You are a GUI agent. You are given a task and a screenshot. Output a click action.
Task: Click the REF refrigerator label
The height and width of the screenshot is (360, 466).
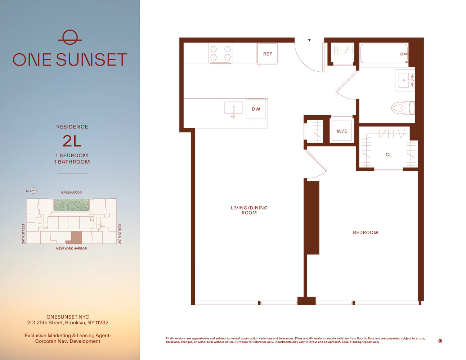(x=268, y=54)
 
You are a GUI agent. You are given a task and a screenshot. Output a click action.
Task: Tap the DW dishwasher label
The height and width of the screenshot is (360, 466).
(x=256, y=109)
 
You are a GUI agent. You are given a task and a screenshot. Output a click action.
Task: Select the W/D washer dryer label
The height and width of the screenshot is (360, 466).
(x=342, y=131)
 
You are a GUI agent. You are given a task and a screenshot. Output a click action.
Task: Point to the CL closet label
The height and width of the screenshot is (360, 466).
(x=388, y=155)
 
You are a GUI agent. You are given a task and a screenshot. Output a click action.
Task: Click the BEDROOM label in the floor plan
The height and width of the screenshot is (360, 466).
(x=366, y=233)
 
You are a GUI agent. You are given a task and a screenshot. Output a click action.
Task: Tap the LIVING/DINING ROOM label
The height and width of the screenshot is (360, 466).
(x=249, y=210)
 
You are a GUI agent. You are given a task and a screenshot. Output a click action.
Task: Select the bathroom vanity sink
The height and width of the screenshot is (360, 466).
(x=404, y=80)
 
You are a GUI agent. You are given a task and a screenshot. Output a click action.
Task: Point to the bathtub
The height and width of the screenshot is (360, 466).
(x=384, y=53)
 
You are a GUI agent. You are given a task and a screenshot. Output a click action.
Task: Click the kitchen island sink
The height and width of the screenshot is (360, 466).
(x=233, y=108)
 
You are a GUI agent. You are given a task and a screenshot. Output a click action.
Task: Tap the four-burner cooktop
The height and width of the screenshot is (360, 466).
(x=220, y=53)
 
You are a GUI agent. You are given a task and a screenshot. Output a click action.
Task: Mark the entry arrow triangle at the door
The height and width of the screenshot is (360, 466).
(x=309, y=40)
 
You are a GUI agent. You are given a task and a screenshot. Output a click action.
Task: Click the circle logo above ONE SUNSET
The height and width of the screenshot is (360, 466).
(x=70, y=37)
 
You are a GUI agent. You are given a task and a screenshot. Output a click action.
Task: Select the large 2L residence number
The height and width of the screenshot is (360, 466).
(x=72, y=141)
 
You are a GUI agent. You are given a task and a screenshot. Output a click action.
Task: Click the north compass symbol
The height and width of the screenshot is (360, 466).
(x=33, y=190)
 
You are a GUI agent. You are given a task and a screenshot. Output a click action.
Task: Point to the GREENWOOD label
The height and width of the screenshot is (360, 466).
(x=71, y=193)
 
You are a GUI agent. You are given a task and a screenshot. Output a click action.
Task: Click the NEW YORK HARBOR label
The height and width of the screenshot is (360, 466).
(x=71, y=248)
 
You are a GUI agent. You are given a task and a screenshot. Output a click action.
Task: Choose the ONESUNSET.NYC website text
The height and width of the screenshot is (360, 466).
(x=68, y=317)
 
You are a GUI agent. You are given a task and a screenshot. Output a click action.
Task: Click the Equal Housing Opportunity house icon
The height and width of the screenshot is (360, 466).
(x=440, y=341)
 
